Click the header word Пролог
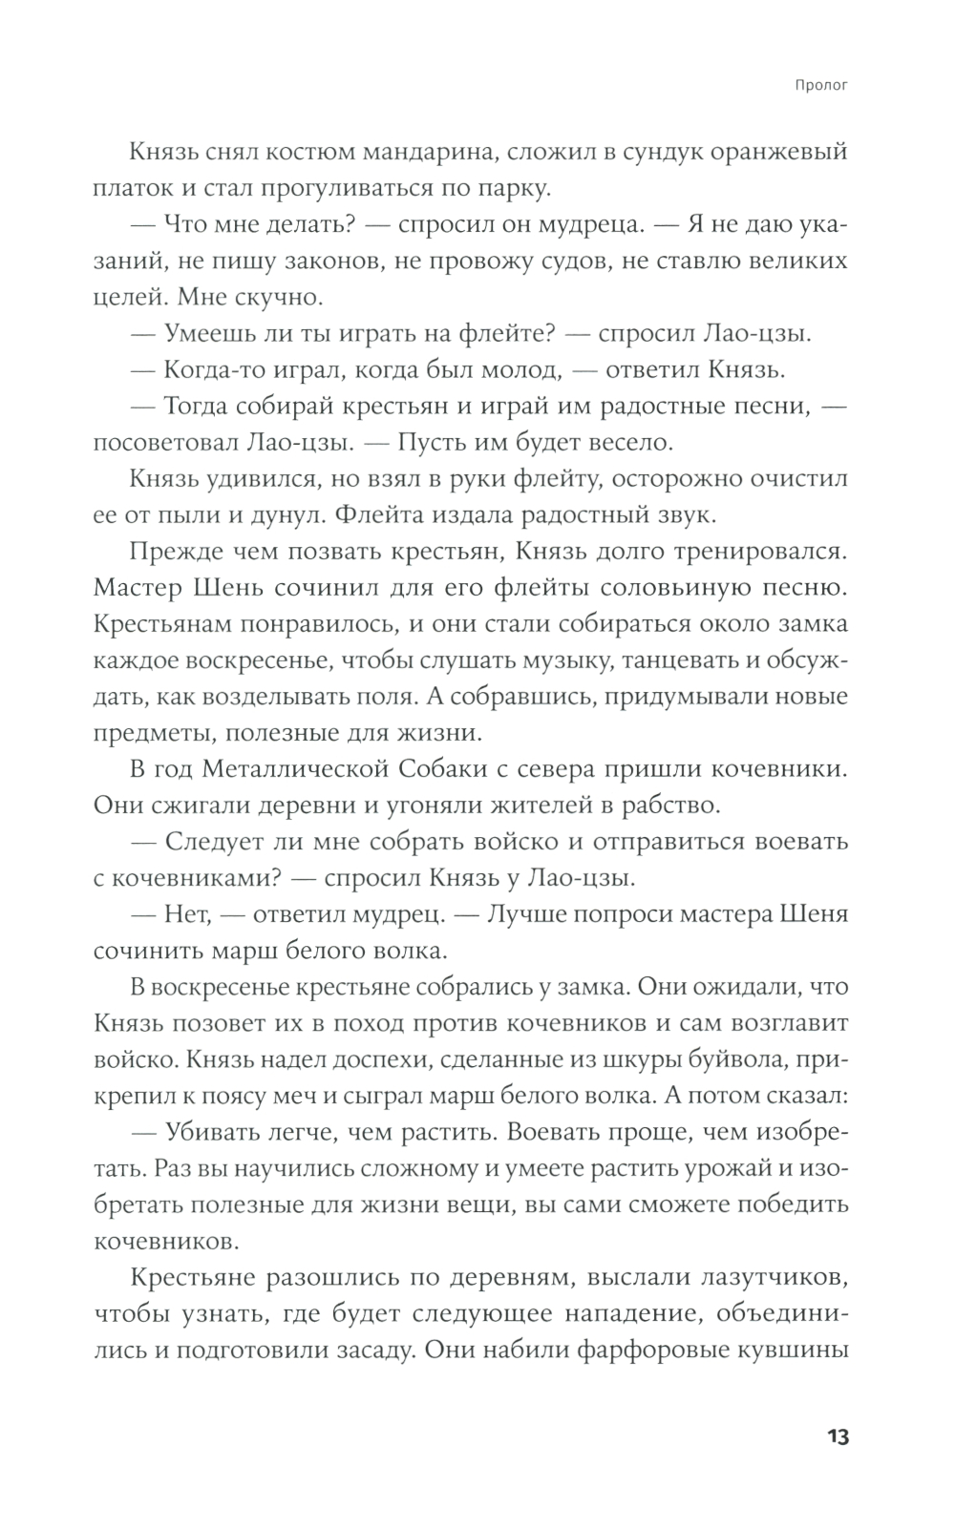[x=821, y=85]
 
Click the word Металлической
[x=307, y=768]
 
